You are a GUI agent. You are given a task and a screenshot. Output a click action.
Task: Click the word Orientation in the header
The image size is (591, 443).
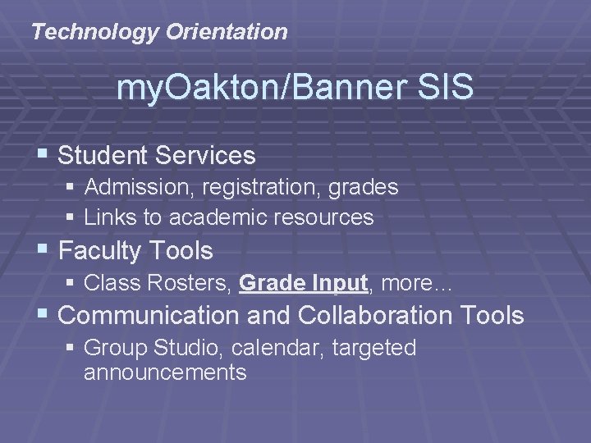click(x=227, y=33)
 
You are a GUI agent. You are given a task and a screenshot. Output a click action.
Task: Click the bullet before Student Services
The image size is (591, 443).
click(x=46, y=154)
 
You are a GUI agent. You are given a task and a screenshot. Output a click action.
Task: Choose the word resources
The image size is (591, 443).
click(x=328, y=217)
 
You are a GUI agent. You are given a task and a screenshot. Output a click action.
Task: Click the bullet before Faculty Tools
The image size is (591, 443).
click(x=46, y=249)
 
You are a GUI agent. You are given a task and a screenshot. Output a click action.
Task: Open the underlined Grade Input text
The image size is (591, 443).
click(x=302, y=284)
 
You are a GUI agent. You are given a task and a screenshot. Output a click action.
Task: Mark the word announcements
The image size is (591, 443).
click(x=164, y=373)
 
